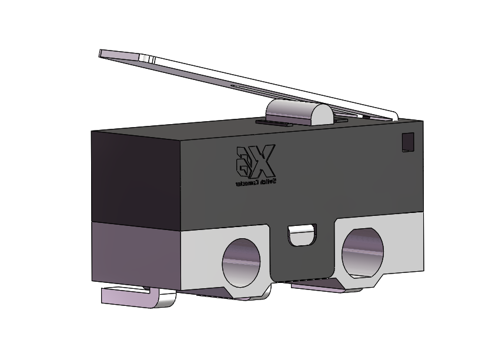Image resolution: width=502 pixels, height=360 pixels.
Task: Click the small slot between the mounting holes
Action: (302, 234)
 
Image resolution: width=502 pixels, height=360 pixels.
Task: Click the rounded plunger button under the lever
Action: (299, 112)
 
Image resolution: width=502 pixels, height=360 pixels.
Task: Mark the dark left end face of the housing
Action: (134, 176)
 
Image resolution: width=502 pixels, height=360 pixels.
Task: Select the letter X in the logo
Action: (265, 160)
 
